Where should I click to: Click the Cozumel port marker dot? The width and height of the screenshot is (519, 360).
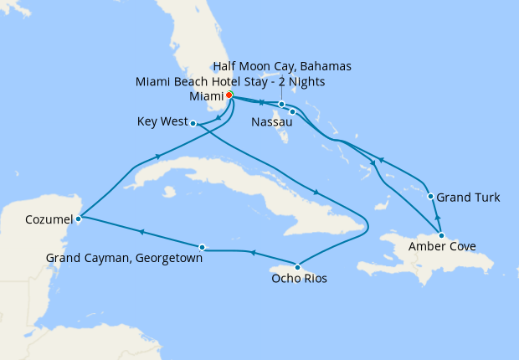click(78, 219)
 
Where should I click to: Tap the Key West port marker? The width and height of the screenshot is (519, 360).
click(193, 124)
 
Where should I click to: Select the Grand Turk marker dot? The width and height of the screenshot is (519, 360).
click(431, 198)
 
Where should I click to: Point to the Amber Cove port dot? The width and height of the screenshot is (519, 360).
click(441, 235)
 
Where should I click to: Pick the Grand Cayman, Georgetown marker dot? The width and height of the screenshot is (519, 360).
click(203, 247)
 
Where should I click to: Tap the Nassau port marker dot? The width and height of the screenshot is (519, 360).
click(293, 111)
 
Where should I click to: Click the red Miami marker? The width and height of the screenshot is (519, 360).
click(229, 95)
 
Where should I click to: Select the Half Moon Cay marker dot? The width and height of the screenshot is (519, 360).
click(282, 105)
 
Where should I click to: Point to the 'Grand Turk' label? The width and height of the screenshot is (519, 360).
click(470, 198)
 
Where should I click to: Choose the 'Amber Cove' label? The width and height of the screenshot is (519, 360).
click(443, 247)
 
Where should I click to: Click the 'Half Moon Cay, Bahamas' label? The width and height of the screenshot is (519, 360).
click(283, 65)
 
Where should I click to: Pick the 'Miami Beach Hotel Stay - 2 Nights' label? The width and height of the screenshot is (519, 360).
click(230, 81)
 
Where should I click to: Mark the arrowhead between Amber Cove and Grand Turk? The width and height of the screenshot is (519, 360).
click(437, 215)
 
